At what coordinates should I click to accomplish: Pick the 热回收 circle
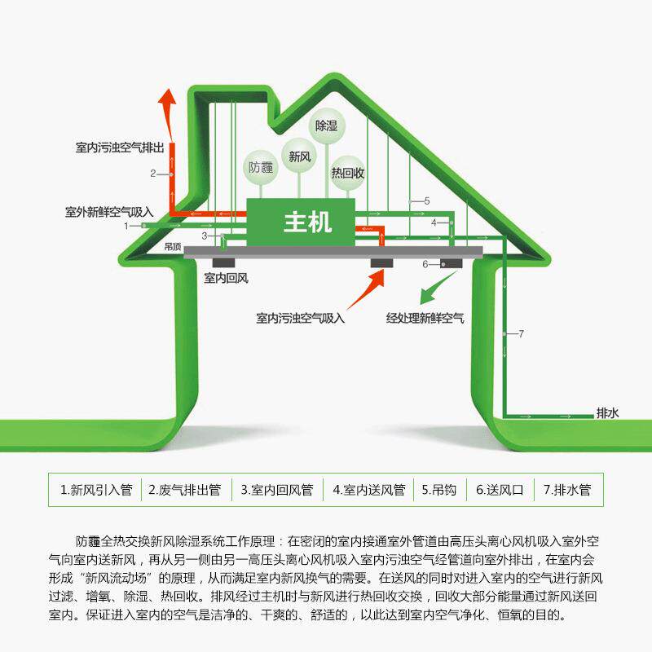click(x=347, y=173)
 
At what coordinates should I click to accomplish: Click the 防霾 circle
click(x=262, y=169)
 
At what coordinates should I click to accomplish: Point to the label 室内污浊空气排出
click(x=120, y=148)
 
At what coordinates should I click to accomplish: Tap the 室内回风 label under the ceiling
click(x=226, y=278)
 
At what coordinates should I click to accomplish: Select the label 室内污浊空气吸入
click(x=300, y=318)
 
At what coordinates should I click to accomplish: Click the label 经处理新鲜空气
click(x=425, y=318)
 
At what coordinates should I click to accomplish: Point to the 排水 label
click(x=608, y=413)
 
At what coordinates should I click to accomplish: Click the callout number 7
click(x=521, y=333)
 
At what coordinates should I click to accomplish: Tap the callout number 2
click(x=152, y=174)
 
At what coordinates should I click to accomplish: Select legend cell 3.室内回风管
click(x=276, y=490)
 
